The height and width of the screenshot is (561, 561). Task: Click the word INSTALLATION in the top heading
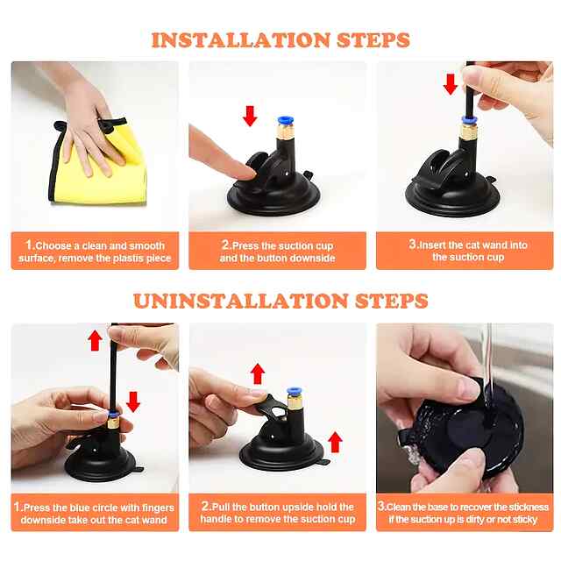pos(240,40)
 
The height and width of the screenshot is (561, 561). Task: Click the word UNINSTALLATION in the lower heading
pos(240,301)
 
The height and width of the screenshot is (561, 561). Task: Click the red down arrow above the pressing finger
pos(250,116)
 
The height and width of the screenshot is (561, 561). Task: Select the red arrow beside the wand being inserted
pos(450,84)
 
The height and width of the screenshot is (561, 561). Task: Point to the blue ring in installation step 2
pos(286,121)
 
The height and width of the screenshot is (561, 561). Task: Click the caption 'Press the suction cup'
pos(278,245)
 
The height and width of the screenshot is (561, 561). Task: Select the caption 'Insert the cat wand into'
pos(468,245)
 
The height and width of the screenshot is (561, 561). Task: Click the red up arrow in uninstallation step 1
pos(96,340)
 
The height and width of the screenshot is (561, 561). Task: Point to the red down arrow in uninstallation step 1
pos(133,401)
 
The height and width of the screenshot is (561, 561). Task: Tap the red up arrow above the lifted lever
pos(258,374)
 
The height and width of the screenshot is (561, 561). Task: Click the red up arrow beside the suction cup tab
pos(335,442)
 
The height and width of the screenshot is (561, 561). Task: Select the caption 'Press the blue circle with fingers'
pos(94,508)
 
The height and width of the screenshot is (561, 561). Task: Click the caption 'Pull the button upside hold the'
pos(278,507)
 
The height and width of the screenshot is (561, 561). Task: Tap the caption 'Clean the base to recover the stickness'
pos(464,507)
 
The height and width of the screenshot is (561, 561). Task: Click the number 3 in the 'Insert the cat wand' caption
pos(413,244)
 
